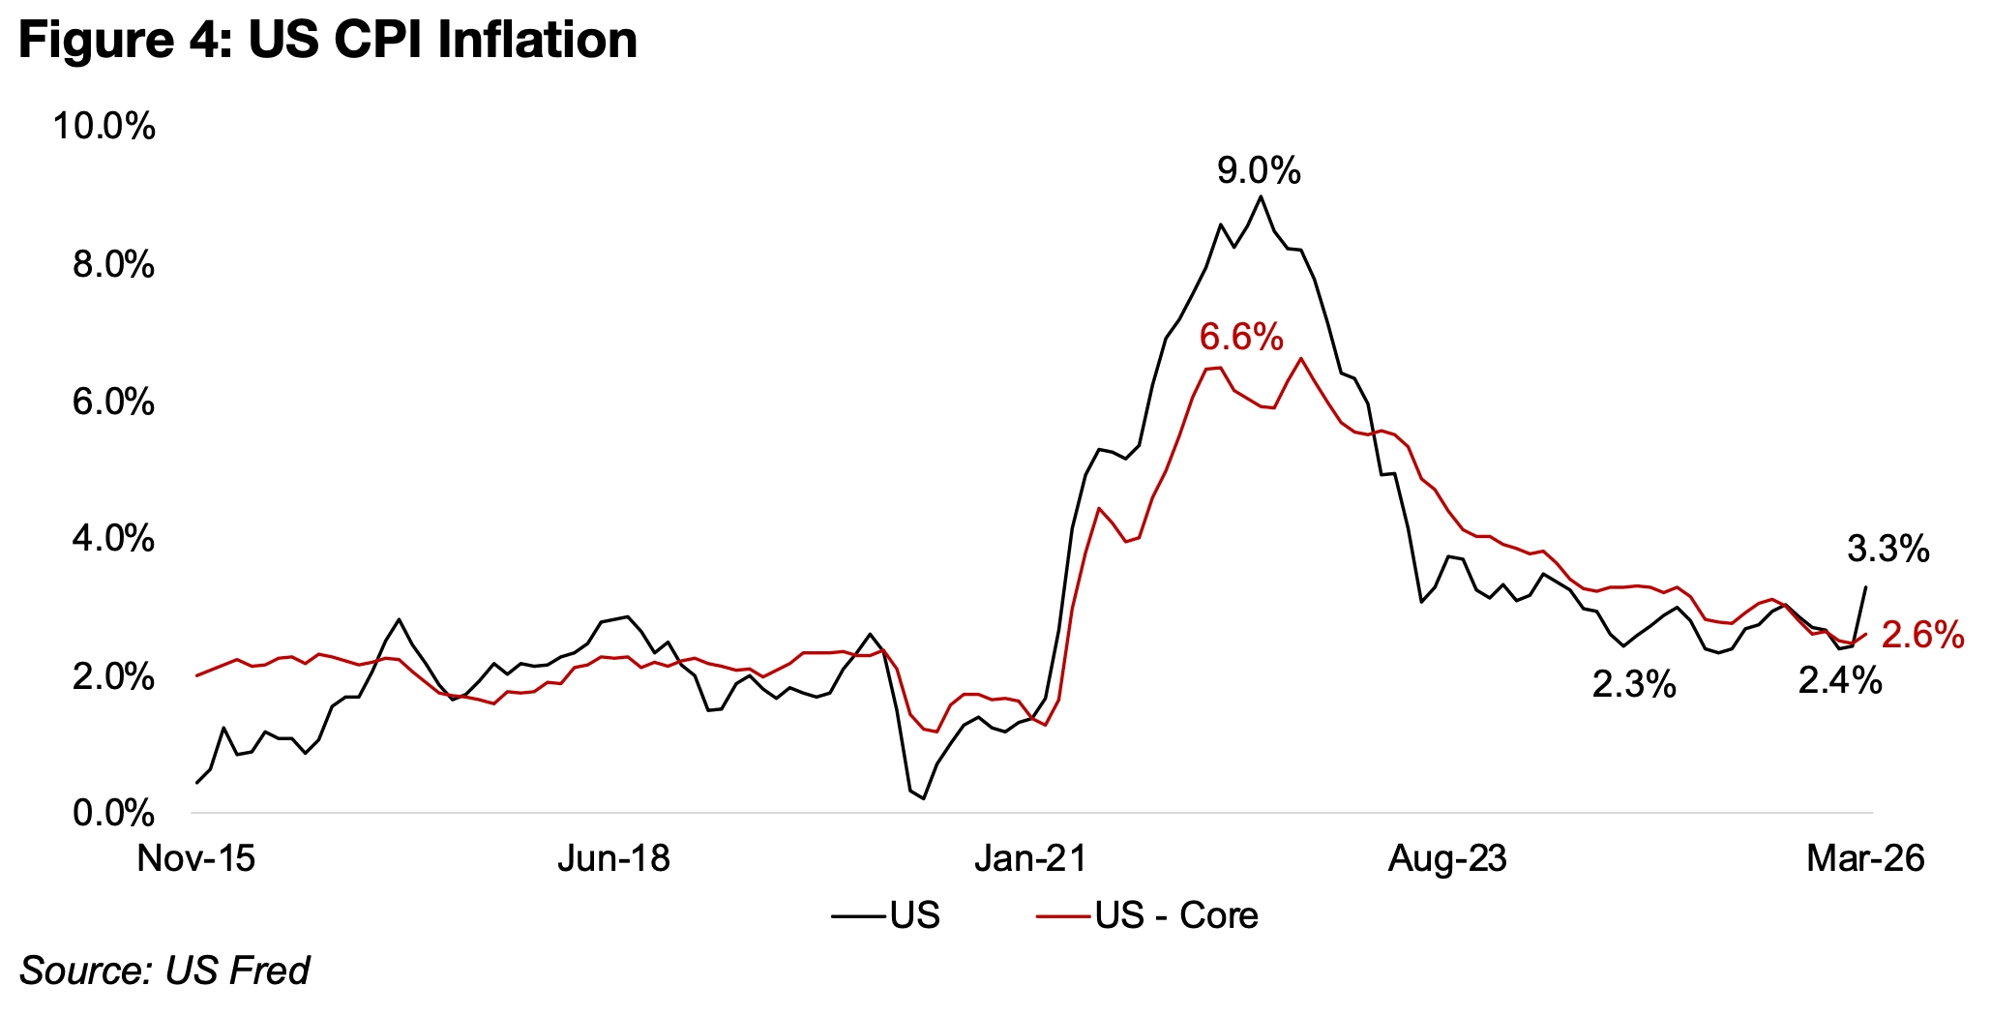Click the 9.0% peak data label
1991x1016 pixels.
(x=1258, y=172)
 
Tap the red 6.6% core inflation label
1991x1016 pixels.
(x=1241, y=338)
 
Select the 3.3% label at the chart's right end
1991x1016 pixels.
(x=1887, y=550)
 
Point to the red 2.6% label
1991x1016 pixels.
(x=1922, y=635)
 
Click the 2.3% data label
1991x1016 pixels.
(x=1634, y=685)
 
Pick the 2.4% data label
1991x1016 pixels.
(x=1839, y=681)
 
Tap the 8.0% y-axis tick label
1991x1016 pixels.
(x=113, y=264)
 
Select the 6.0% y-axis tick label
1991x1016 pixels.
(x=113, y=402)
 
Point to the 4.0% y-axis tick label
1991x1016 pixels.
(x=113, y=539)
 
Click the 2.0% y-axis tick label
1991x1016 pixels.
(x=113, y=676)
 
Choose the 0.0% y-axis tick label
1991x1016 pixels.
(x=113, y=813)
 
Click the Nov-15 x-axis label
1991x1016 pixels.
(x=196, y=858)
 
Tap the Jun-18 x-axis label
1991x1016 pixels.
(x=613, y=858)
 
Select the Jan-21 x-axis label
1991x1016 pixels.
(x=1030, y=858)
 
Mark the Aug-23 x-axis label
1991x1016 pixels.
(x=1447, y=858)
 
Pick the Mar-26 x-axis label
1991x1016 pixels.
(x=1865, y=858)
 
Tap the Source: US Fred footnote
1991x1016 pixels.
(x=164, y=970)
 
